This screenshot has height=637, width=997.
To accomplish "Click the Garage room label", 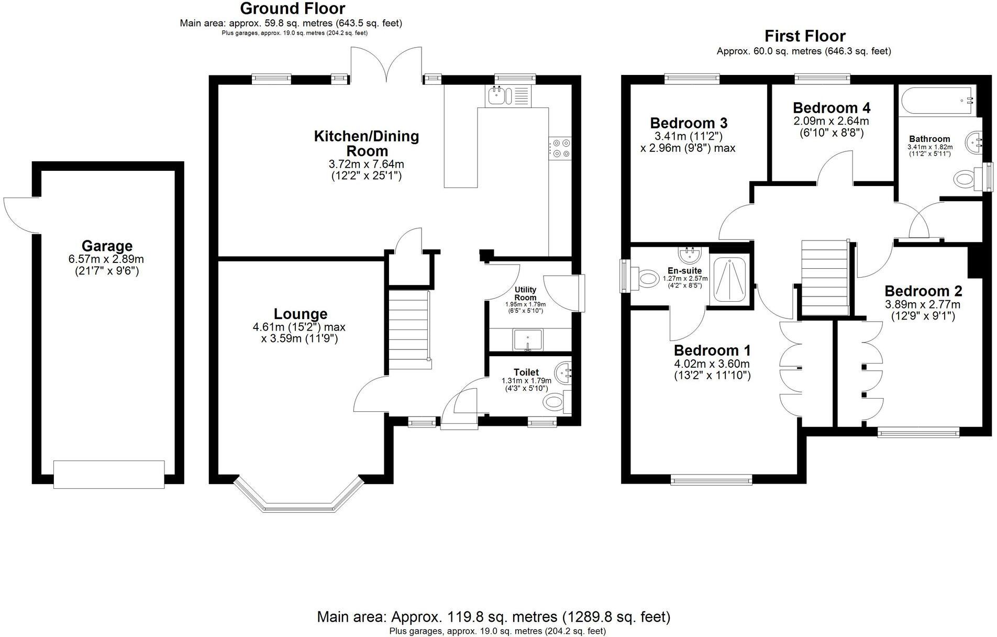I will pyautogui.click(x=107, y=246).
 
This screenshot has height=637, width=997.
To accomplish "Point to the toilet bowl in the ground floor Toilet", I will pyautogui.click(x=554, y=402).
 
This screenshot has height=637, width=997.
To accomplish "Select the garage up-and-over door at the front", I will pyautogui.click(x=109, y=474).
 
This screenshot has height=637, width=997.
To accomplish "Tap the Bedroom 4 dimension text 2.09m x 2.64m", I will pyautogui.click(x=832, y=121).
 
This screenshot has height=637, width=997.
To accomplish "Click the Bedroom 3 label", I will pyautogui.click(x=689, y=123).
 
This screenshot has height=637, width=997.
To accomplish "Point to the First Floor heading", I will pyautogui.click(x=805, y=36).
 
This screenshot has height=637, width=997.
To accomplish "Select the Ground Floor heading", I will pyautogui.click(x=292, y=8).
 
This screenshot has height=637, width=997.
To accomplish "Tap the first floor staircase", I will pyautogui.click(x=825, y=278).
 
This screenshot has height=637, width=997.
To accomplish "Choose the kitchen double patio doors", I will pyautogui.click(x=386, y=65).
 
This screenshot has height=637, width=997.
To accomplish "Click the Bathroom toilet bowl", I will pyautogui.click(x=965, y=179).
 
